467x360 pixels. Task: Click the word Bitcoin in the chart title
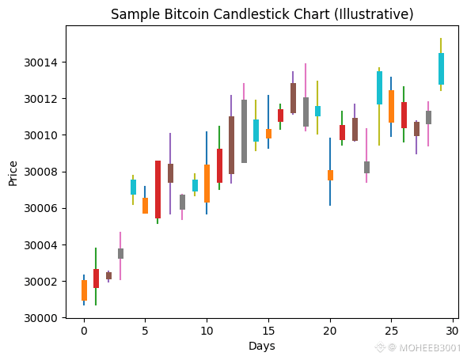coord(186,14)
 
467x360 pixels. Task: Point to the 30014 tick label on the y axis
coord(41,63)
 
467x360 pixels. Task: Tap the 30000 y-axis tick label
coord(41,318)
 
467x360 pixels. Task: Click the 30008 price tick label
coord(41,172)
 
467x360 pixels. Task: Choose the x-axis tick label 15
coord(268,331)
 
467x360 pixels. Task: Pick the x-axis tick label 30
coord(453,331)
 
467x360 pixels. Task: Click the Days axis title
coord(262,346)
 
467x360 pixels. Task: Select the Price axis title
coord(13,173)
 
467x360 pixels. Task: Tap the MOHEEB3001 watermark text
coord(430,348)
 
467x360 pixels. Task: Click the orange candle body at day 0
coord(84,290)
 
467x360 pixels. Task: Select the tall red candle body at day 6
coord(158,189)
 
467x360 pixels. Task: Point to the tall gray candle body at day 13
coord(245,131)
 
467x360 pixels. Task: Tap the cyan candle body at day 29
coord(441,69)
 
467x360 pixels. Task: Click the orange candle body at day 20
coord(330,175)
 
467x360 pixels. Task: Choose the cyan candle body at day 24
coord(379,88)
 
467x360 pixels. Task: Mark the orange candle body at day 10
coord(207,184)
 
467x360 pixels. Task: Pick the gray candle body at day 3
coord(120,253)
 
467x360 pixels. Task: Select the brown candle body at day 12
coord(231,145)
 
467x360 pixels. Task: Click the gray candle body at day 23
coord(367,168)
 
